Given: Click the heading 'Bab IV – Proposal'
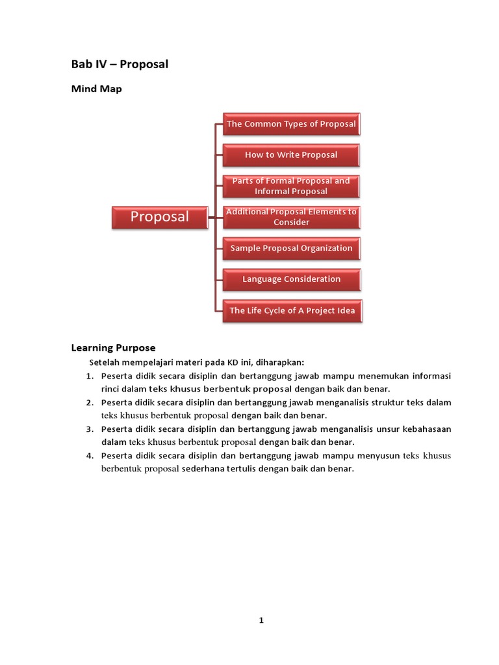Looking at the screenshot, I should pos(120,64).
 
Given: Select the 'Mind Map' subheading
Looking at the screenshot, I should pos(96,90).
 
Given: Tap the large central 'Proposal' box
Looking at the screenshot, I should pos(160,217).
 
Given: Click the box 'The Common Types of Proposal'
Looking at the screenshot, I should pos(291,123).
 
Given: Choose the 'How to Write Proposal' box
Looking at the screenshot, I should pos(291,155).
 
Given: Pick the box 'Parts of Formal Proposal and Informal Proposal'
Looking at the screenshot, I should pos(291,186).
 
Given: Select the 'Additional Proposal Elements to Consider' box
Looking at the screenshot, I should pos(291,217).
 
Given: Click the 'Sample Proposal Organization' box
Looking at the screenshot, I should pos(291,248).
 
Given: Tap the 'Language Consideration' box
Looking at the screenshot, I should pos(291,279).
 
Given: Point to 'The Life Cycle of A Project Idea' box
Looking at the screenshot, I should pos(292,310).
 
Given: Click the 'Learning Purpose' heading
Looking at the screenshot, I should pos(113,348).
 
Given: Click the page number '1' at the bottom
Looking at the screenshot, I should pos(261,620).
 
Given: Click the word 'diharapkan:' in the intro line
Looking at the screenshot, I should pos(281,362).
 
